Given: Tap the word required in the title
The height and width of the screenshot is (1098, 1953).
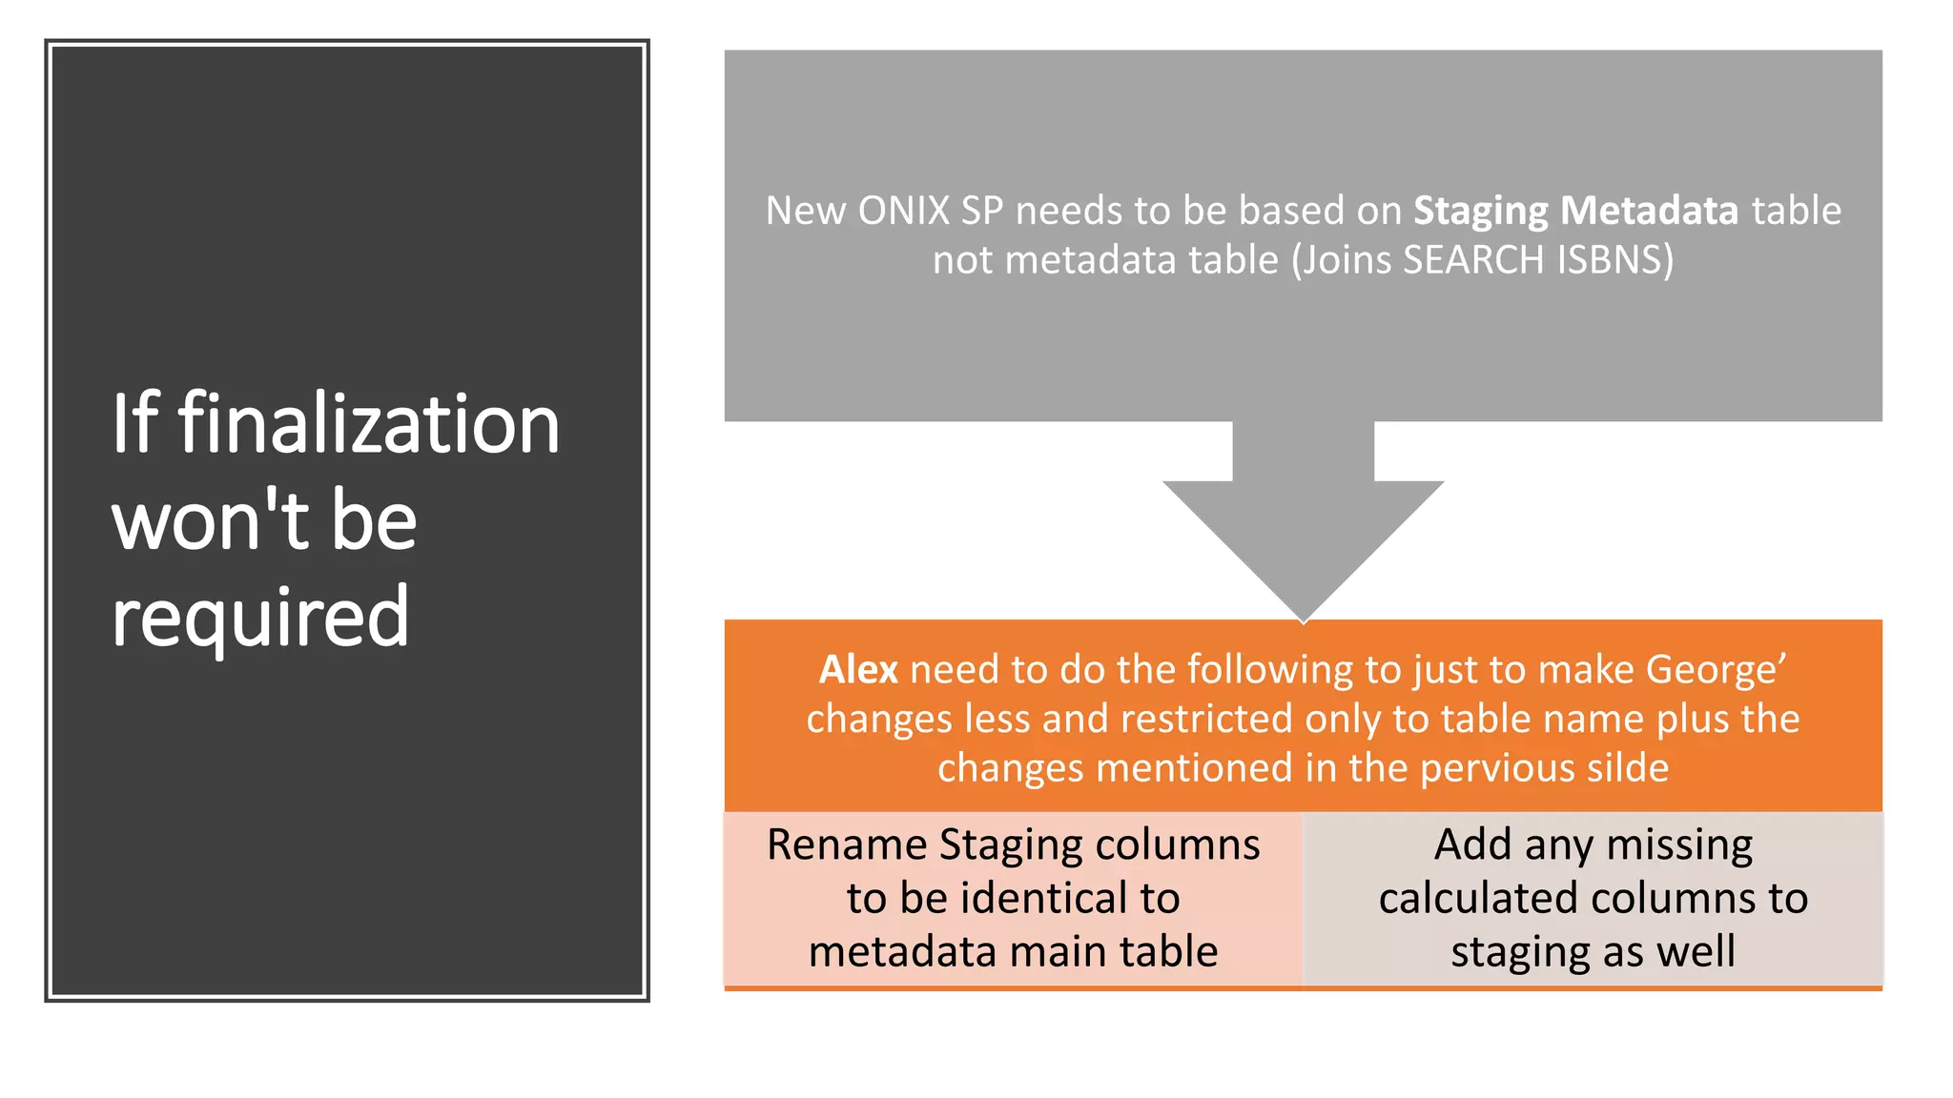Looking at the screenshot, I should coord(260,618).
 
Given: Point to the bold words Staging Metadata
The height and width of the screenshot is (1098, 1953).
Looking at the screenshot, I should coord(1575,211).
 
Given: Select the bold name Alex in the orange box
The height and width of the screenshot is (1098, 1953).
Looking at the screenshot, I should coord(858,670).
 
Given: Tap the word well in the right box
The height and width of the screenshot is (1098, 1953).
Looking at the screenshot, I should coord(1696,952).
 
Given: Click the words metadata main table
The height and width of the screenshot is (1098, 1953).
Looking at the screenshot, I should coord(1014,952).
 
